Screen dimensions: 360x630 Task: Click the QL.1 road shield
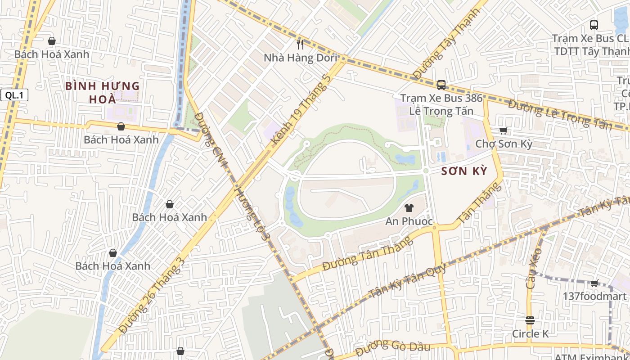tap(14, 95)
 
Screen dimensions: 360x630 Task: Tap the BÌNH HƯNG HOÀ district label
tap(103, 92)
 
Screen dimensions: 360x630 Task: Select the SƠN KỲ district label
tap(464, 171)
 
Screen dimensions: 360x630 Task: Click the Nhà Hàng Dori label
tap(300, 58)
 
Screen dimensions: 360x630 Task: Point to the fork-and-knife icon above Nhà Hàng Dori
tap(301, 44)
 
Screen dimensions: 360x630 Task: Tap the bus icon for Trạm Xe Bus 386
tap(441, 85)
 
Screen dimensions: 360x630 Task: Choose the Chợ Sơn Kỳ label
tap(504, 144)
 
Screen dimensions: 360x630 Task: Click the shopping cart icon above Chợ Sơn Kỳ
tap(503, 130)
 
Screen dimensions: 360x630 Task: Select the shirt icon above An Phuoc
tap(409, 207)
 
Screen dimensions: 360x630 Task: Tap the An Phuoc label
tap(409, 221)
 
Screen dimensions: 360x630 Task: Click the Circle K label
tap(531, 334)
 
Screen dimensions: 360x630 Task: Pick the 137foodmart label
tap(594, 297)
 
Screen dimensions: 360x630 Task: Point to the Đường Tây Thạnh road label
tap(441, 50)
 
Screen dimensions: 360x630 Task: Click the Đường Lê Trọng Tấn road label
tap(560, 114)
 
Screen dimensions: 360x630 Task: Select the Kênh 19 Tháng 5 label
tap(301, 111)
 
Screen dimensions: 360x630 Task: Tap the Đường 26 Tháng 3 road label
tap(153, 295)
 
